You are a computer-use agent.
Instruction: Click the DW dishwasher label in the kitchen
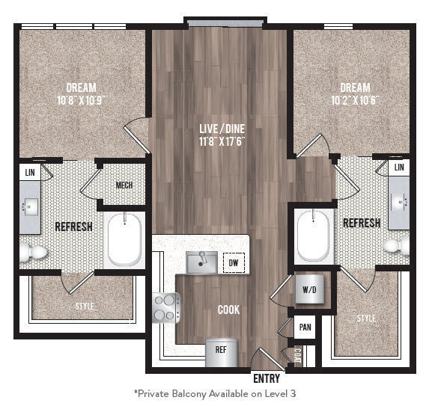pos(233,263)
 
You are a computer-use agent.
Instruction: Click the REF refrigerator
pos(221,351)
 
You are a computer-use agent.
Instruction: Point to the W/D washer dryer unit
pos(308,289)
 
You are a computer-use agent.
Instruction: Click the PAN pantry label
pos(305,327)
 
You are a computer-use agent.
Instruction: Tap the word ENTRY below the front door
pos(267,378)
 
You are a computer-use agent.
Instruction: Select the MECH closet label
pos(124,185)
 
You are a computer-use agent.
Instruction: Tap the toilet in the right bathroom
pos(395,245)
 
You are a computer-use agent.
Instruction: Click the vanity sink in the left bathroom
pos(32,206)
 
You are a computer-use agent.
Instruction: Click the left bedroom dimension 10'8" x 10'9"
pos(81,99)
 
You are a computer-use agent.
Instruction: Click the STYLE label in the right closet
pos(366,319)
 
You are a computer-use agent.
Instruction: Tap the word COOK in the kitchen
pos(229,310)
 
